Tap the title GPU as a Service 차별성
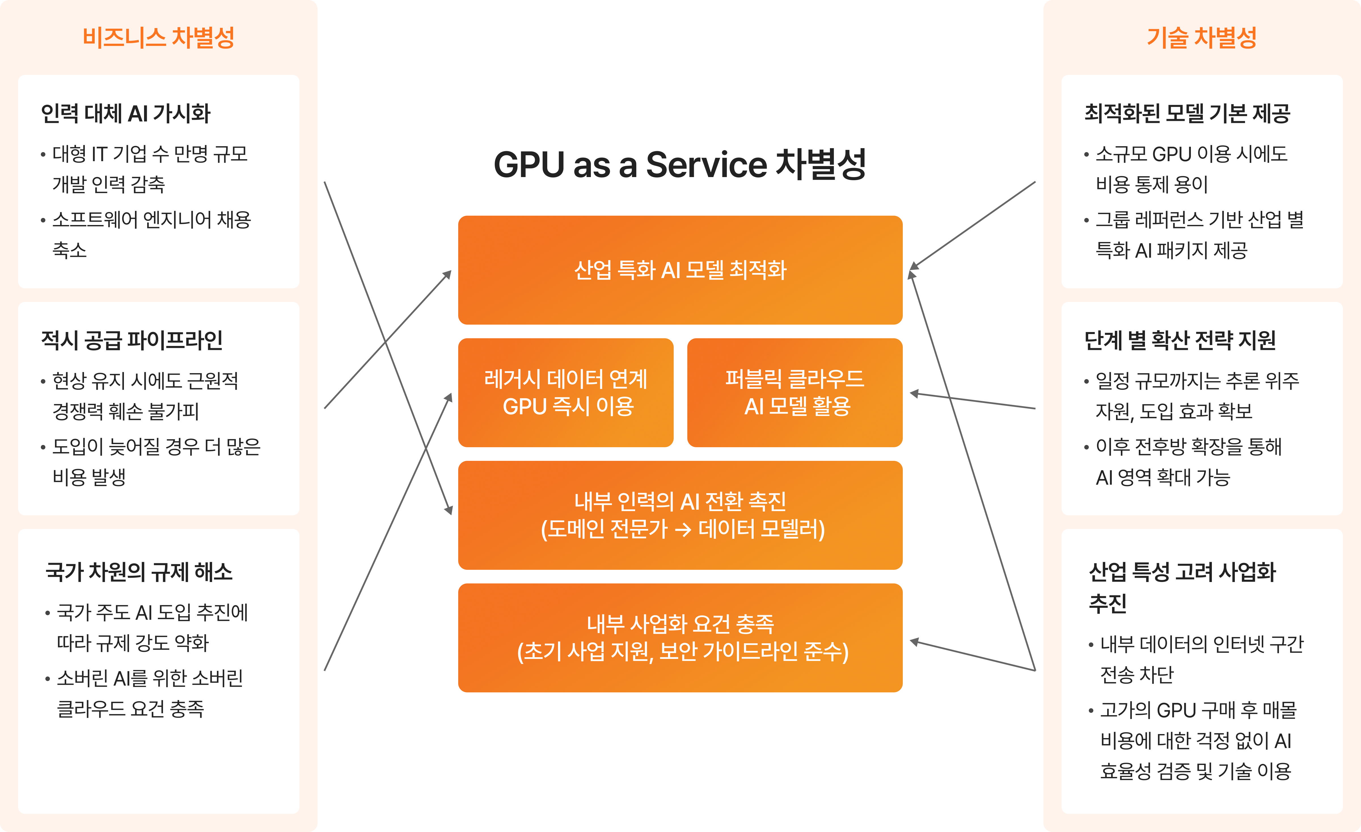[x=680, y=165]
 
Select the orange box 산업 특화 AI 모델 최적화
[x=680, y=270]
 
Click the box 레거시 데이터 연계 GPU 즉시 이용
[x=566, y=392]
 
